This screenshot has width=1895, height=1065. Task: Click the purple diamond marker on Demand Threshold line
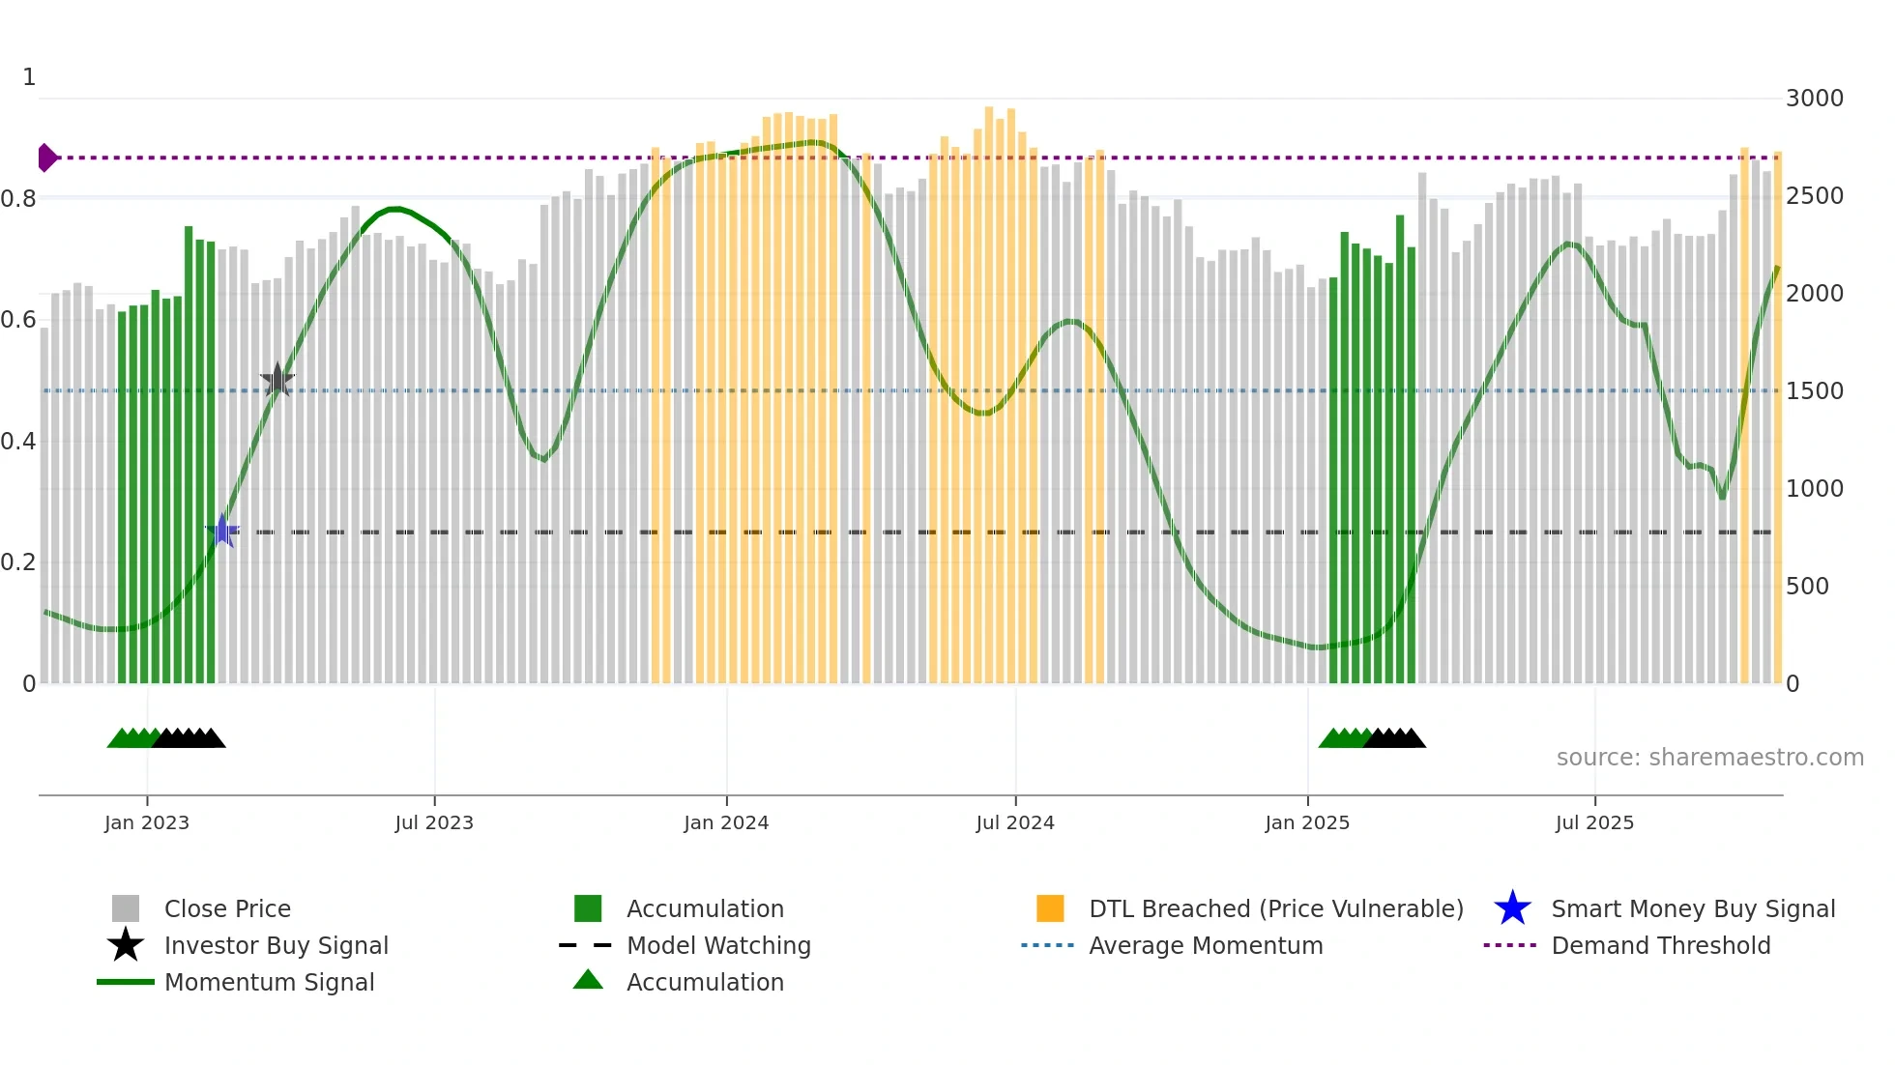click(x=46, y=158)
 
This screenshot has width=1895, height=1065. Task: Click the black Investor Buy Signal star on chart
click(x=277, y=381)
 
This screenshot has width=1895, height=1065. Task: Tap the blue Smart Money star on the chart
click(x=222, y=531)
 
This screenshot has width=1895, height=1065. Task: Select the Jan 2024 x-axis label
click(x=726, y=822)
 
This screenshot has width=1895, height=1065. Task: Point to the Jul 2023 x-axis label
click(x=434, y=822)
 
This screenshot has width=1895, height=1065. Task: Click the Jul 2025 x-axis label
click(x=1594, y=822)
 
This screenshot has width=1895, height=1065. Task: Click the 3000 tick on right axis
click(x=1814, y=99)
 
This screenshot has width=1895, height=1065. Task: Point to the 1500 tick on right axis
click(x=1814, y=391)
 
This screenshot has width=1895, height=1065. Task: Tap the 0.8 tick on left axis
click(x=18, y=199)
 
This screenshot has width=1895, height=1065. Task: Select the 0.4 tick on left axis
click(x=18, y=442)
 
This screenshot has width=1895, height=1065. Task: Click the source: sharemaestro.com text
click(x=1709, y=758)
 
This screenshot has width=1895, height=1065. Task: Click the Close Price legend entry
click(x=226, y=908)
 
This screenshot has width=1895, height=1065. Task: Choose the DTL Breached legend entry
click(x=1275, y=908)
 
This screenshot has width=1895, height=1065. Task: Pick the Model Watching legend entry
click(x=717, y=945)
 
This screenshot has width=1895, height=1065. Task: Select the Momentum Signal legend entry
click(x=269, y=982)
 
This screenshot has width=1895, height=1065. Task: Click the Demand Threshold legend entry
click(x=1660, y=945)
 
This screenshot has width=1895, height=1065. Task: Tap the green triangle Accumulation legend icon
click(x=588, y=980)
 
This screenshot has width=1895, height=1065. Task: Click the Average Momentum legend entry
click(x=1205, y=945)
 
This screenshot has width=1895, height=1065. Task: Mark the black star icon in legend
click(x=126, y=945)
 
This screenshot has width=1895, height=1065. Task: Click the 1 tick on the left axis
click(x=29, y=77)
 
